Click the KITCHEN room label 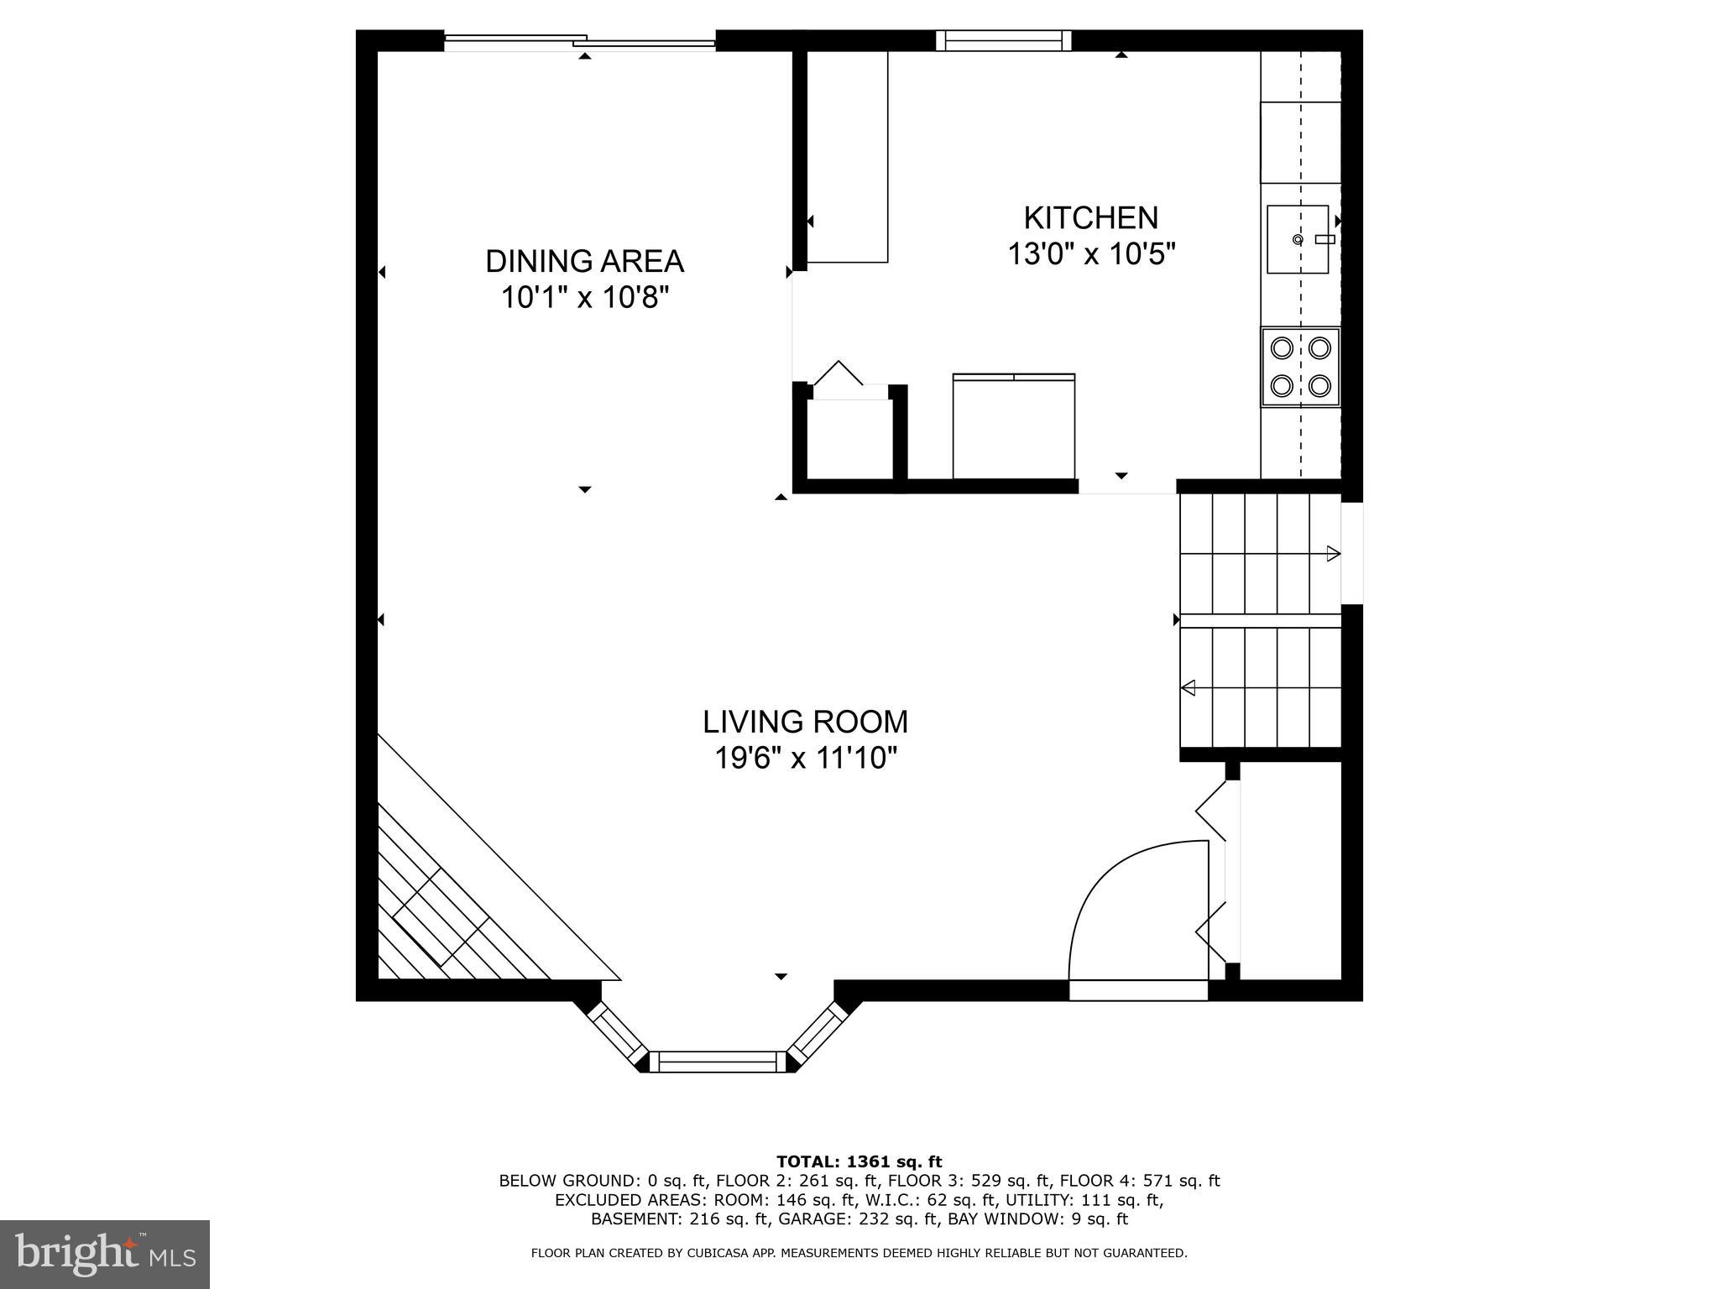tap(1090, 218)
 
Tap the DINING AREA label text tap(584, 261)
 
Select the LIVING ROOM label tap(805, 722)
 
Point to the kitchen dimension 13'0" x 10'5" tap(1090, 253)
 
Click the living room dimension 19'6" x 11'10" tap(805, 759)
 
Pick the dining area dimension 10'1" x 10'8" tap(584, 297)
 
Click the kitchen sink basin tap(1297, 239)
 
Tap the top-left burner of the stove tap(1282, 347)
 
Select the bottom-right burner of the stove tap(1319, 386)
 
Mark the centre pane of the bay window tap(718, 1062)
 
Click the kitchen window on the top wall tap(1003, 40)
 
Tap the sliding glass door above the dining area tap(579, 40)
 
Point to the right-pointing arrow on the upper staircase tap(1333, 554)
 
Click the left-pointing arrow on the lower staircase tap(1189, 688)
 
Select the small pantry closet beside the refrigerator tap(849, 438)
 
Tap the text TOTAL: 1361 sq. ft tap(859, 1162)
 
